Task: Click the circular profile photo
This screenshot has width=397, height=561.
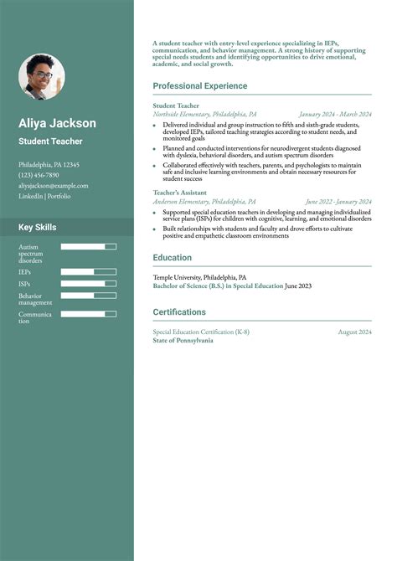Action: tap(41, 77)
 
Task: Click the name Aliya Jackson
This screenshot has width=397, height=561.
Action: tap(57, 123)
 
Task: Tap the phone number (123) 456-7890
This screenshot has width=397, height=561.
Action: tap(39, 175)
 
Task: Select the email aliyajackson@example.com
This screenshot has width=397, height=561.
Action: tap(53, 185)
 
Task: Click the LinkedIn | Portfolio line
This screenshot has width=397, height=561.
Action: tap(44, 196)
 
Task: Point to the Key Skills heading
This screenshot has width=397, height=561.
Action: tap(38, 227)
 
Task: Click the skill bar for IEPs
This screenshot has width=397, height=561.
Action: tap(88, 272)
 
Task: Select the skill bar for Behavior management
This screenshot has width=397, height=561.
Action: tap(88, 296)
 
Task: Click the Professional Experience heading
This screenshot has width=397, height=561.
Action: tap(199, 86)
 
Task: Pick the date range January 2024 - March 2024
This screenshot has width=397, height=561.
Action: tap(335, 114)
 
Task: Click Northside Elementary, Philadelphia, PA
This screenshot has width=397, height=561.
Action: tap(204, 114)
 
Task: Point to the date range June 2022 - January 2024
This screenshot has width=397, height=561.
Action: tap(338, 201)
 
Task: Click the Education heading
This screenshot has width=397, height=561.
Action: tap(172, 258)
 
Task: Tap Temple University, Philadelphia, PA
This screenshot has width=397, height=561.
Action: tap(199, 277)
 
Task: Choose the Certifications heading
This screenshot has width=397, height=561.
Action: tap(178, 312)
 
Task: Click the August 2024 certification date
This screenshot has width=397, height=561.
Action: tap(354, 332)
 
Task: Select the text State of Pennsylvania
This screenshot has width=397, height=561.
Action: tap(183, 341)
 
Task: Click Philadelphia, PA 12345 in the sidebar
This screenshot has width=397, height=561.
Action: tap(49, 165)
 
